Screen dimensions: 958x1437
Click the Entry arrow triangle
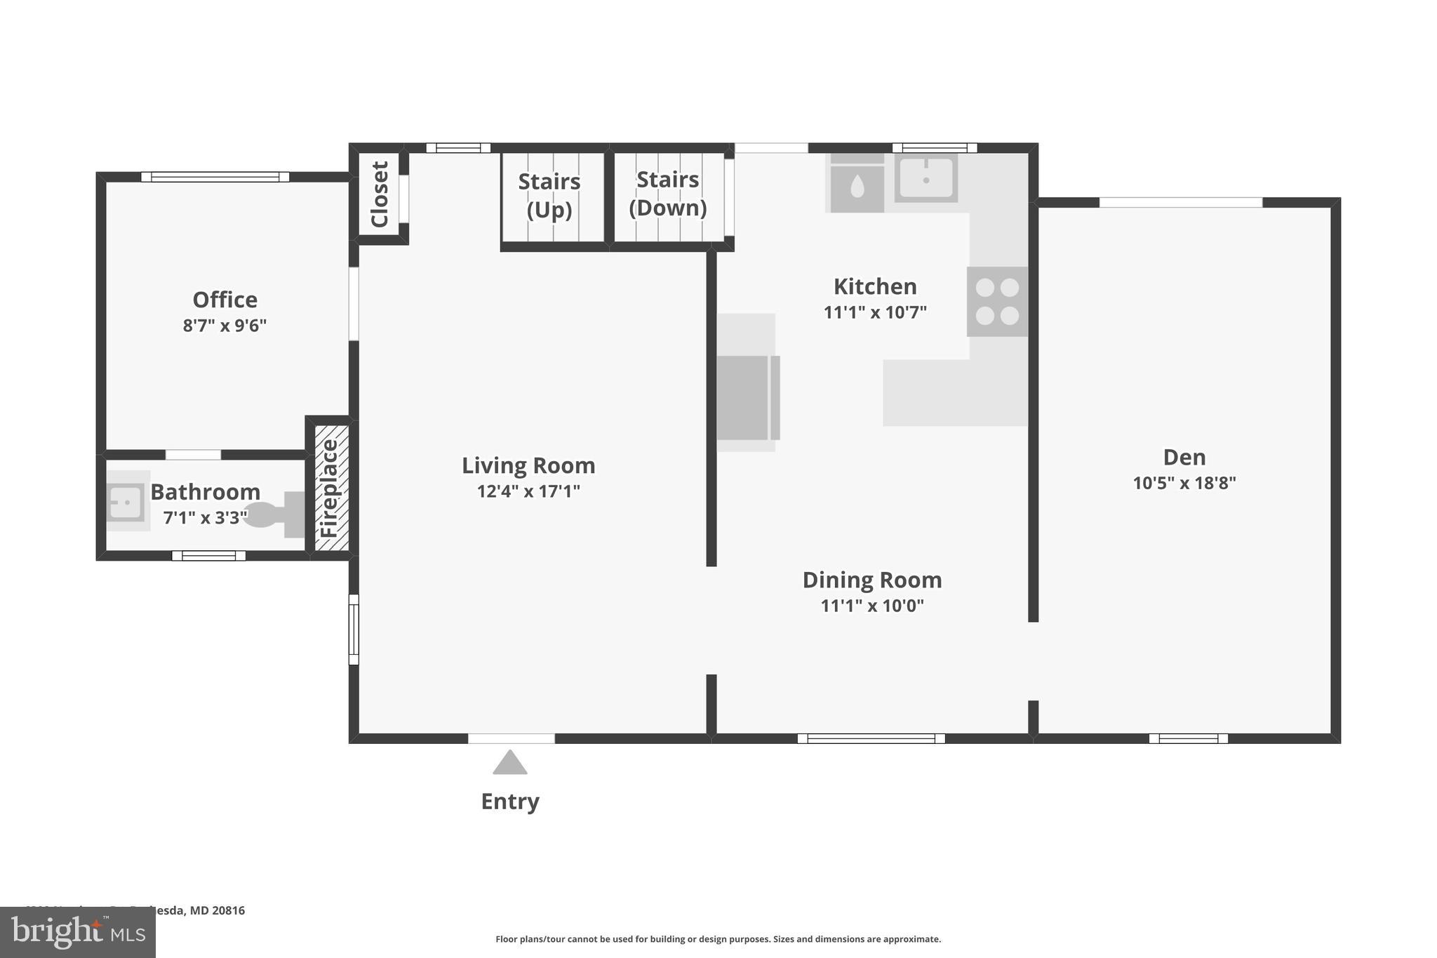(510, 764)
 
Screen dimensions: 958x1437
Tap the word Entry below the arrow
(510, 801)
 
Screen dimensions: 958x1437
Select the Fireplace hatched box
(331, 488)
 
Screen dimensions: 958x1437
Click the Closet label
(380, 194)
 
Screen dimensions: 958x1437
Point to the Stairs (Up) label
(549, 195)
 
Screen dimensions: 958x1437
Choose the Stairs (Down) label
(667, 194)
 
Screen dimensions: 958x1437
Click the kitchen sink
(926, 179)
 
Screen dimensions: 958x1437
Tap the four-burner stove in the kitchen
(997, 301)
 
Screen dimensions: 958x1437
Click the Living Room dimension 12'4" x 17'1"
(528, 491)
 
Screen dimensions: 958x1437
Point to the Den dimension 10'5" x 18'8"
(1184, 483)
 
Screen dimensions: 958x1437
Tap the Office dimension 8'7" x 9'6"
(225, 326)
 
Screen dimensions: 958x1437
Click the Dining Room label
(872, 580)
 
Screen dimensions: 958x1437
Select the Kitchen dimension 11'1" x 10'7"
(875, 312)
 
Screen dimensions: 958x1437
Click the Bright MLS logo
(78, 933)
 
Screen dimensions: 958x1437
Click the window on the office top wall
(215, 177)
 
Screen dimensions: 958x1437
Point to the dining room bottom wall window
(871, 738)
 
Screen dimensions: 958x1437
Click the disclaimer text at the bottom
(718, 939)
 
